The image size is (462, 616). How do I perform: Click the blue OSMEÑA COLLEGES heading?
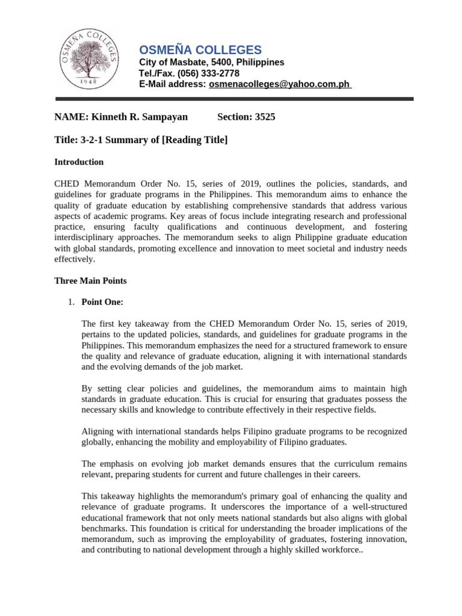[200, 50]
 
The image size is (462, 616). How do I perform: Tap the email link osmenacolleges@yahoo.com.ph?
[279, 85]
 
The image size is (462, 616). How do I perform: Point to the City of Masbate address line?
[212, 63]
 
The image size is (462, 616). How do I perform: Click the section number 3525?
[265, 117]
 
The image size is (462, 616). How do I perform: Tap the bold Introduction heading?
[79, 162]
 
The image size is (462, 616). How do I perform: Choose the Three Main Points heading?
[90, 281]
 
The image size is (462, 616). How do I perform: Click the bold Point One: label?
[102, 302]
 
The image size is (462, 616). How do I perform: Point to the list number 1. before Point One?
[71, 302]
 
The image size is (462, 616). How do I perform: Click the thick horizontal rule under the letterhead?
[235, 99]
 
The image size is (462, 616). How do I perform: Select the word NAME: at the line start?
[70, 117]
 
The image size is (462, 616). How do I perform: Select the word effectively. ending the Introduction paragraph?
[75, 259]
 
